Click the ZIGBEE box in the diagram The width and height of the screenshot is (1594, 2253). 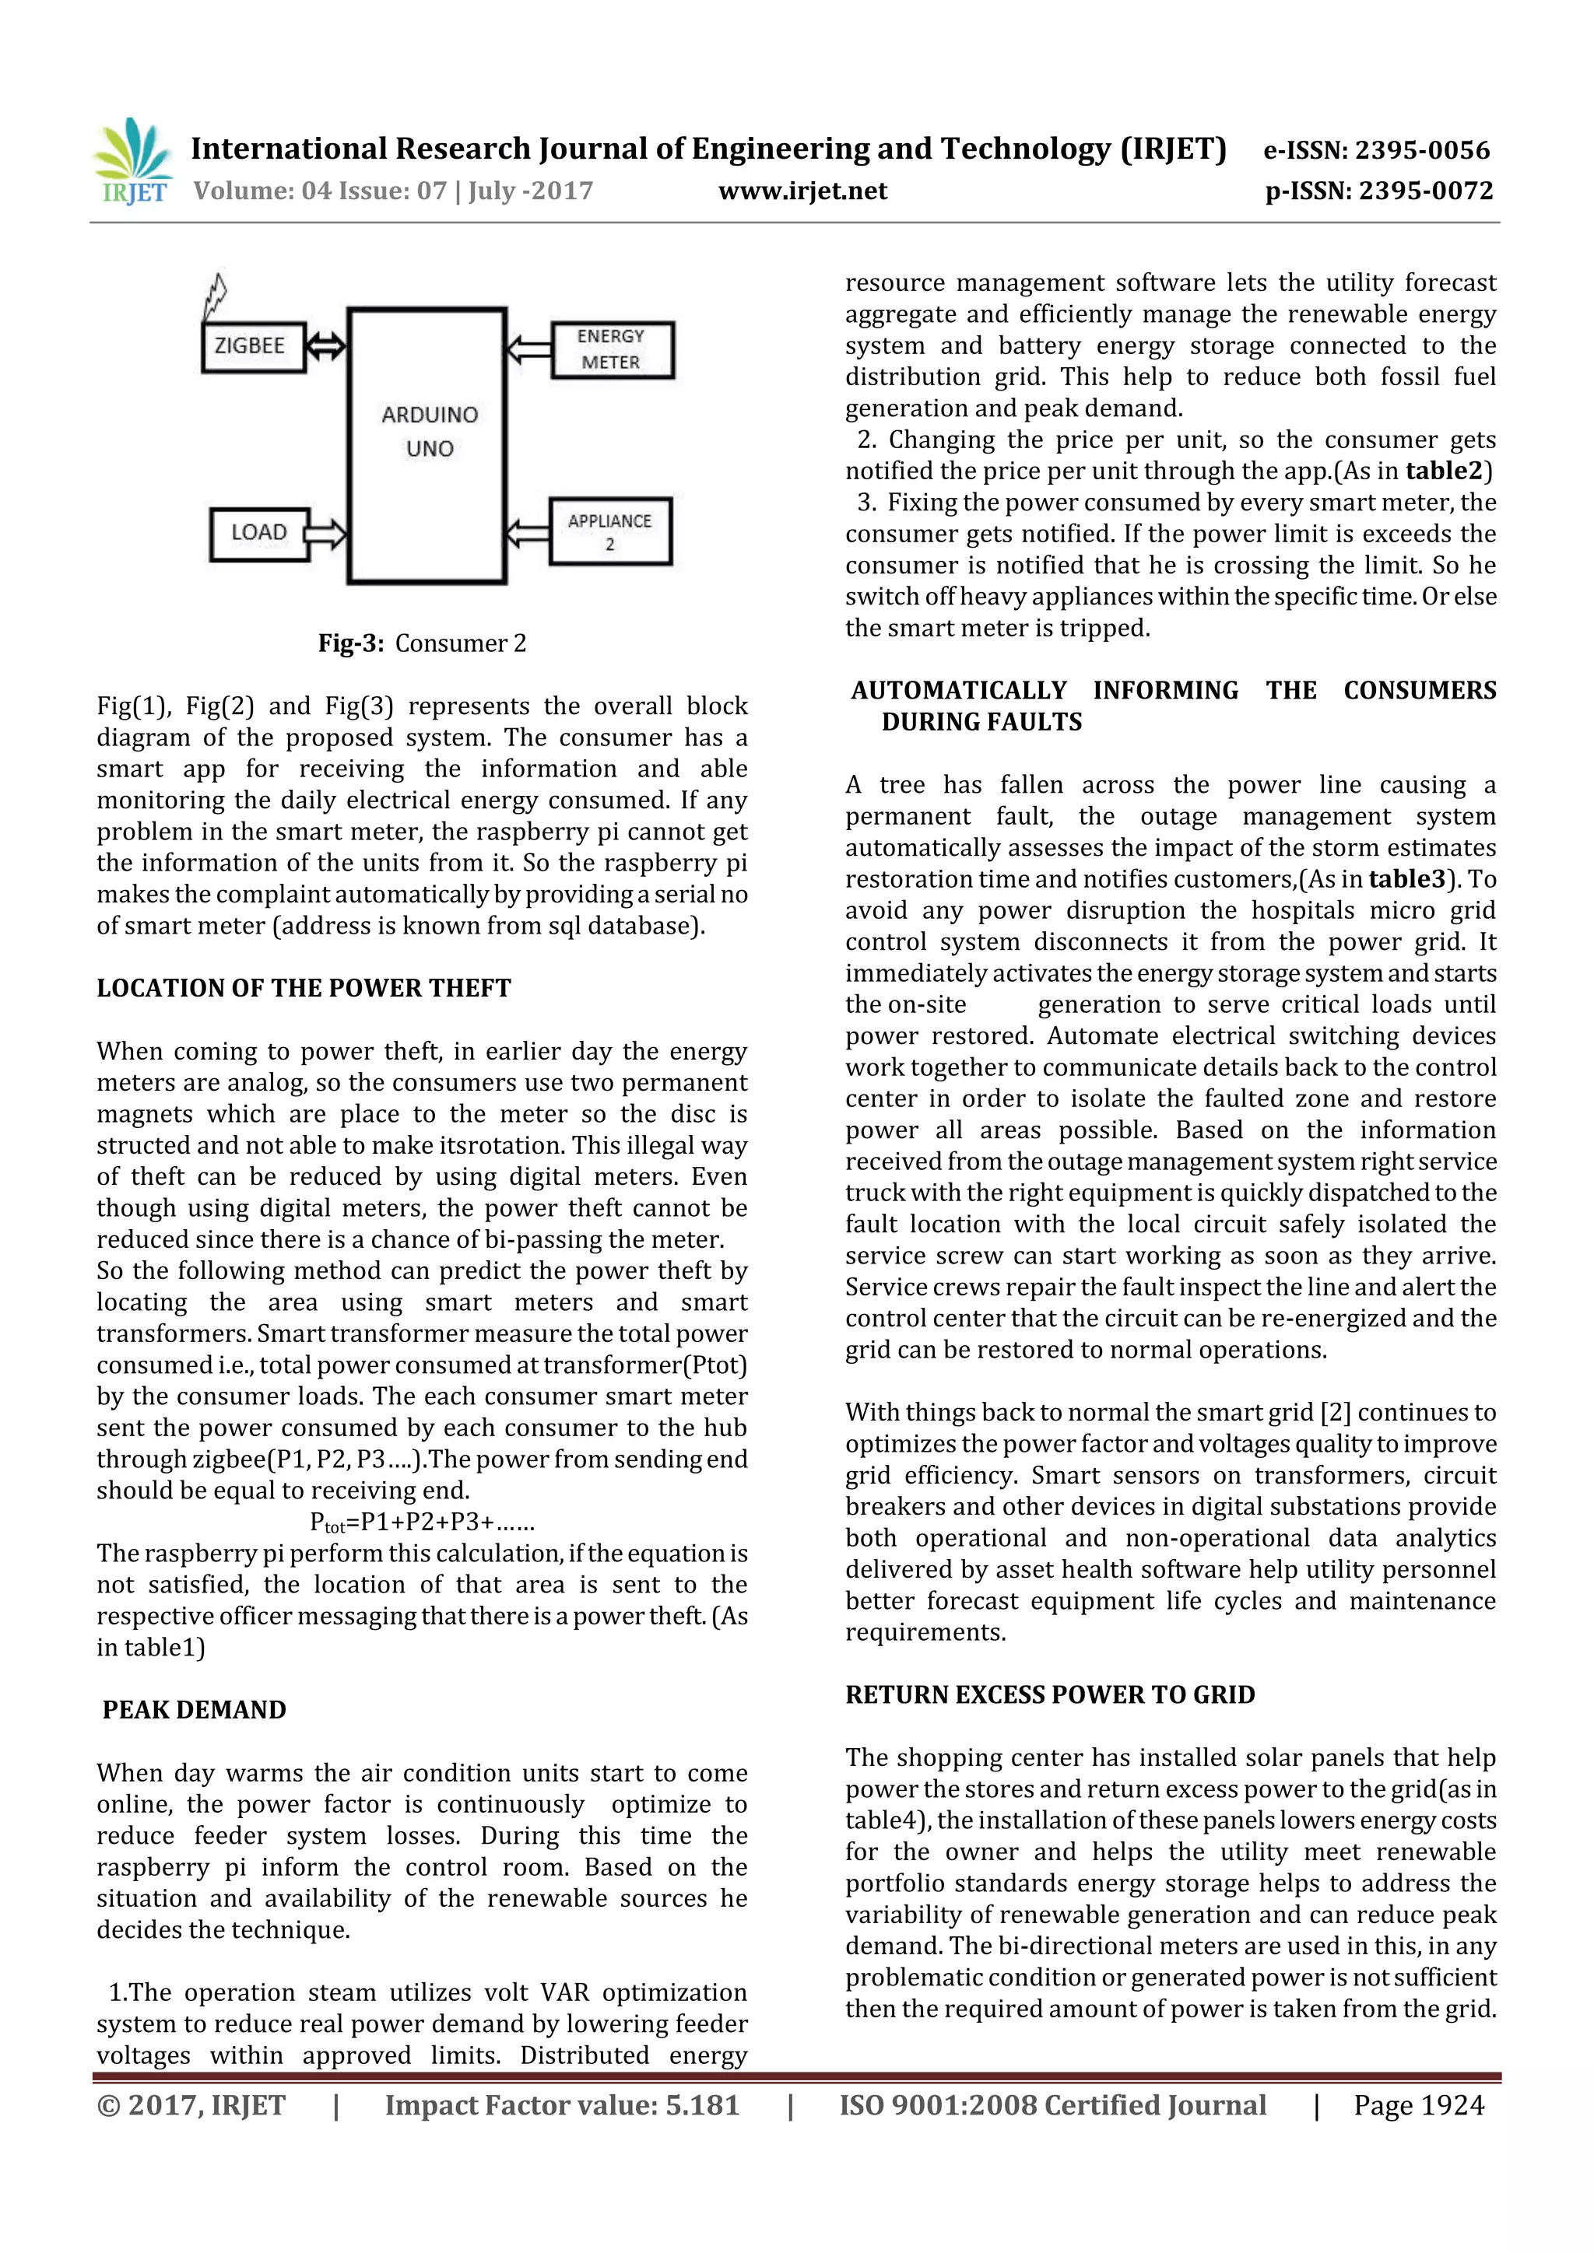click(x=253, y=346)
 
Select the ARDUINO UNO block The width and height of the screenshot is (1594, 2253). click(x=428, y=447)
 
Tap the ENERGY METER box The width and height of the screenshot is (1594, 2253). click(x=612, y=350)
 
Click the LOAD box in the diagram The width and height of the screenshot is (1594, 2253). click(x=259, y=533)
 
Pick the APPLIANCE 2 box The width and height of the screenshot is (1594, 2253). click(x=609, y=532)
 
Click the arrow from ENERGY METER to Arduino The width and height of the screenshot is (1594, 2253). click(x=528, y=349)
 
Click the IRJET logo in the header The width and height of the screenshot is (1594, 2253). click(x=134, y=161)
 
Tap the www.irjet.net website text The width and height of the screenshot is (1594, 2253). click(x=802, y=191)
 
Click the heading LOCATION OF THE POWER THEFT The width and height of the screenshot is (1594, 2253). click(x=304, y=988)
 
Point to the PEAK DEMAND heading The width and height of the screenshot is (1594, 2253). click(x=195, y=1709)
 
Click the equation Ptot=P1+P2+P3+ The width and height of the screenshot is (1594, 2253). click(x=422, y=1522)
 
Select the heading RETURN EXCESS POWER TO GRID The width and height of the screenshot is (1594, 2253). click(x=1049, y=1694)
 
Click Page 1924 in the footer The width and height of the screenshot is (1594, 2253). click(x=1418, y=2105)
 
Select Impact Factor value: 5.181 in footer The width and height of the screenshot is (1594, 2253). click(x=561, y=2105)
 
